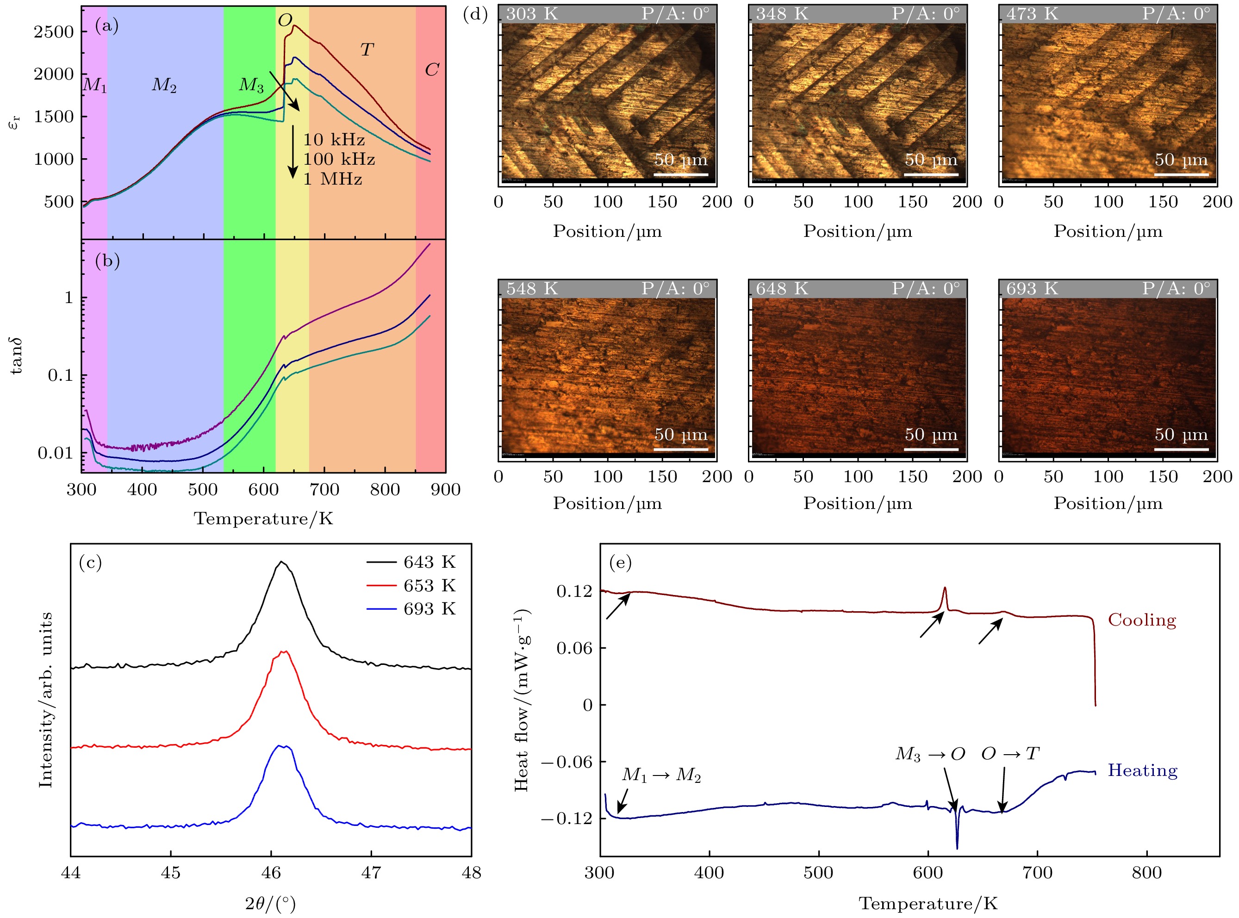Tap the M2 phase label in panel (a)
164,85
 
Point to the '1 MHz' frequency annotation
332,180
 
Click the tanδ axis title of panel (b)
16,356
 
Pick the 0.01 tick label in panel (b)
55,453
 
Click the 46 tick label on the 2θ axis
271,873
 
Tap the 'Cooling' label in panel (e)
1142,620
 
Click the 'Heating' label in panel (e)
1142,771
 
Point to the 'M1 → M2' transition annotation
661,775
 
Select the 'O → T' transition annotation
1010,754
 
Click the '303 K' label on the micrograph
531,14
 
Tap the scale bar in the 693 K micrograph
1181,449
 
